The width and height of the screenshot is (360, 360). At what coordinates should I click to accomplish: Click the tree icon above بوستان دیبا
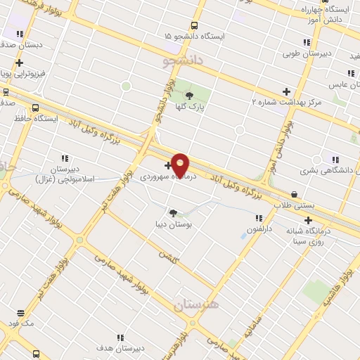click(174, 212)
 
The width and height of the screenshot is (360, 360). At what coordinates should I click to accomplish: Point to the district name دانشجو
click(182, 62)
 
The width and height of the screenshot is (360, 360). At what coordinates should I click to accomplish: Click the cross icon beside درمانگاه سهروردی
click(167, 166)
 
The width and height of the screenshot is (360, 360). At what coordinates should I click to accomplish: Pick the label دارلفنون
click(261, 229)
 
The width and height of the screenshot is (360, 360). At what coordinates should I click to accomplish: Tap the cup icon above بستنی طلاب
click(293, 194)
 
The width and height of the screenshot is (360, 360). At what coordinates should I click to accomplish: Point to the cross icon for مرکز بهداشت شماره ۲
click(285, 91)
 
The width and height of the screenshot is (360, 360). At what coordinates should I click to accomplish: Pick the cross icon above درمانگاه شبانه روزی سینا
click(308, 220)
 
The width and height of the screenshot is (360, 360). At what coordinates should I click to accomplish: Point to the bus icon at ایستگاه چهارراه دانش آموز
click(325, 10)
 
